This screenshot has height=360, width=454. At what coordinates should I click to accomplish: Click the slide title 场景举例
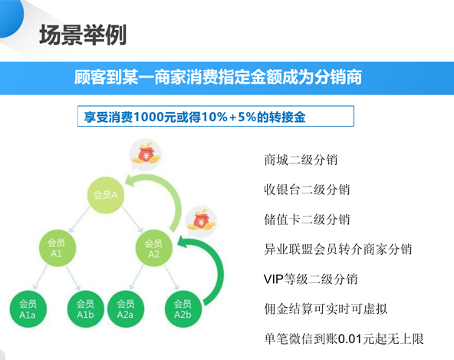point(83,35)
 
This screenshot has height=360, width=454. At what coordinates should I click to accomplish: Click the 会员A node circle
point(106,195)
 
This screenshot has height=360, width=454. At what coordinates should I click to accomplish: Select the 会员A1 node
point(57,248)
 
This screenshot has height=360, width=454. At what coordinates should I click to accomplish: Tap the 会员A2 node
point(153,249)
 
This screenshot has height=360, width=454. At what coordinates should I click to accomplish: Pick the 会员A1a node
point(28,309)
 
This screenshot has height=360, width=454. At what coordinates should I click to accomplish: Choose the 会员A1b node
point(85,309)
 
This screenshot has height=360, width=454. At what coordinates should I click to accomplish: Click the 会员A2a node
point(125,309)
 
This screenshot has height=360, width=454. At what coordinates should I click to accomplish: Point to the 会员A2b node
point(183,309)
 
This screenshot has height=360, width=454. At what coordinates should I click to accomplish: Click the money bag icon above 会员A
point(146,154)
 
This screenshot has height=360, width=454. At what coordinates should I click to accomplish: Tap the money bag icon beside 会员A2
point(201,222)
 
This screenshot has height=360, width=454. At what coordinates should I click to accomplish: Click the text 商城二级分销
point(301,160)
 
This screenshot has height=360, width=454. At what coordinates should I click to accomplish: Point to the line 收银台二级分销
point(307,190)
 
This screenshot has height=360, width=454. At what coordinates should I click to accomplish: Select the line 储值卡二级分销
point(307,220)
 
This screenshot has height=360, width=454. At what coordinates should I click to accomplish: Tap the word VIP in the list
point(274,279)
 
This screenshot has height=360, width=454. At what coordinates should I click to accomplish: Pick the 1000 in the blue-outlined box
point(148,117)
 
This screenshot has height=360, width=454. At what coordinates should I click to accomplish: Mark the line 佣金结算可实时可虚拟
point(326,309)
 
